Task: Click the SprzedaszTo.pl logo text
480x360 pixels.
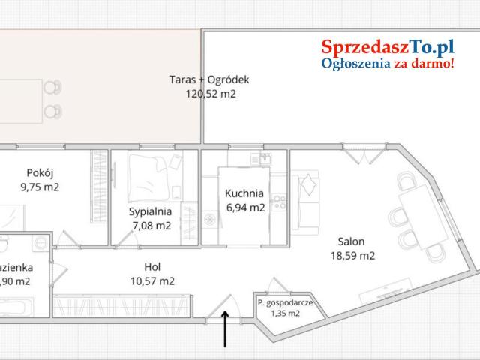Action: click(388, 47)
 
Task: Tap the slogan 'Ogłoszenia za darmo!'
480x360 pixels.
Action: click(388, 64)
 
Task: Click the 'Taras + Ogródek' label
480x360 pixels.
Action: click(208, 79)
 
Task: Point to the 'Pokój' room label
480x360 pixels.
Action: click(39, 172)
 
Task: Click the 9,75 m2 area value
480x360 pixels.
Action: click(39, 187)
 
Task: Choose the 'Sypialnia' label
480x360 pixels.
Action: click(150, 211)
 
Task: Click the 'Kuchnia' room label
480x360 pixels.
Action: click(244, 193)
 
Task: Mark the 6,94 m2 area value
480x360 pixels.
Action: click(244, 208)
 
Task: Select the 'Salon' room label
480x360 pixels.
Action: click(351, 241)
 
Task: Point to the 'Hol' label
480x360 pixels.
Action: click(152, 267)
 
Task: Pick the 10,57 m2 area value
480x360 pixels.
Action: click(152, 281)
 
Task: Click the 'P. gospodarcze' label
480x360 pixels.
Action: click(289, 303)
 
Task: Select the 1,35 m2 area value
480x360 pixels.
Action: click(286, 313)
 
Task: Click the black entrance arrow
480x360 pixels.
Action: click(225, 330)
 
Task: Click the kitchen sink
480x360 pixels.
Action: click(265, 159)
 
